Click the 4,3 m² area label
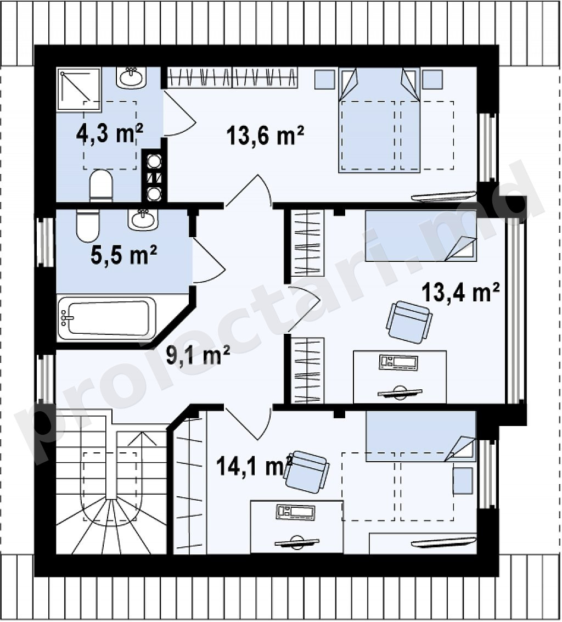coord(109,134)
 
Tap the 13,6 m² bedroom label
coord(265,135)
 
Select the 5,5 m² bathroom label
coord(123,255)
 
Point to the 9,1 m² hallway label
coord(198,356)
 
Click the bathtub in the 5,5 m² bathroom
coord(106,318)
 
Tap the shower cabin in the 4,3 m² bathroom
coord(78,89)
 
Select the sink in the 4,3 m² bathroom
coord(131,78)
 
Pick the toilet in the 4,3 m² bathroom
coord(101,186)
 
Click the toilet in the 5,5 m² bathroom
coord(88,225)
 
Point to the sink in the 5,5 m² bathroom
coord(143,220)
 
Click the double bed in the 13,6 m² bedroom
coord(379,120)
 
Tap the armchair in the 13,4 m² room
coord(409,322)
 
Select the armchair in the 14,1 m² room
coord(307,472)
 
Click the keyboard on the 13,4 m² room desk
coord(398,362)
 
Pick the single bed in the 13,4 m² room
coord(420,236)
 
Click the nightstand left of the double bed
coord(325,80)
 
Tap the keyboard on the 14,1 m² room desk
coord(295,512)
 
